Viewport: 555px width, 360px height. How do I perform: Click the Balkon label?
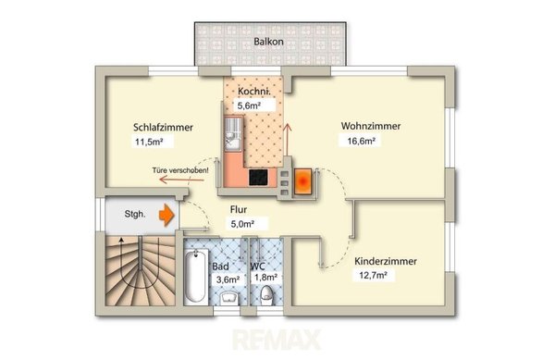coord(268,42)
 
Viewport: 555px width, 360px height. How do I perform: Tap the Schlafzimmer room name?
coord(163,128)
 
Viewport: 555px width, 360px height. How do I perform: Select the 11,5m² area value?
coord(149,143)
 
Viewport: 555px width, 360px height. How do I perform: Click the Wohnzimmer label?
coord(371,126)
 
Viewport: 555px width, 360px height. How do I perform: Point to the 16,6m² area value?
coord(362,142)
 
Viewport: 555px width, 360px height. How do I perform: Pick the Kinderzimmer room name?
coord(386,262)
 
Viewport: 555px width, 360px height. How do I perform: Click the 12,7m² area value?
coord(373,276)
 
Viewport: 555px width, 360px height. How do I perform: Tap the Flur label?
coord(239,209)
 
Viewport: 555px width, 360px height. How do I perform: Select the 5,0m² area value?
coord(242,224)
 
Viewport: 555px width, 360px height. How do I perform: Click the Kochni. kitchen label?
coord(254,92)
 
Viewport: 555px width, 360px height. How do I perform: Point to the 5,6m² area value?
coord(249,106)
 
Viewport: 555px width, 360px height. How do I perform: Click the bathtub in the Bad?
coord(195,276)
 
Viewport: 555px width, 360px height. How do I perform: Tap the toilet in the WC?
coord(266,296)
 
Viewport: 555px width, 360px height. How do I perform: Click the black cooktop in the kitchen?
coord(258,177)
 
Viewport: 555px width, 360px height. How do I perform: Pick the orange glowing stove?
coord(303,181)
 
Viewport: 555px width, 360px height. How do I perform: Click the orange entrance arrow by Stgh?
coord(166,215)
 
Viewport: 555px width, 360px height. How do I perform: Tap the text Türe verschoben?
coord(180,170)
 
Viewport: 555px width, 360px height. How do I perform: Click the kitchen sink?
coord(233,134)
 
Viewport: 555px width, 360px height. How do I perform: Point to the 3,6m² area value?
coord(228,279)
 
